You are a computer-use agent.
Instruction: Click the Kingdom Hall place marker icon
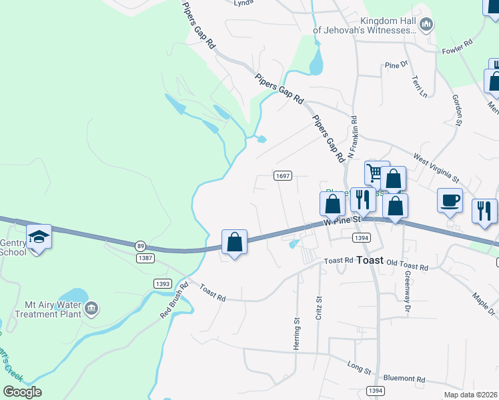click(x=426, y=25)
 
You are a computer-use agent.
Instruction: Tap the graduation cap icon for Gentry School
click(x=38, y=237)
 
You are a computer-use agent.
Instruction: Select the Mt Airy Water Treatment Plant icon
click(x=92, y=309)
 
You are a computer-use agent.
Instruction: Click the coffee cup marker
click(x=449, y=199)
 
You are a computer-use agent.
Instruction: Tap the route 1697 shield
click(x=283, y=175)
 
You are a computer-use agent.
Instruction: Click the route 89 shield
click(x=140, y=245)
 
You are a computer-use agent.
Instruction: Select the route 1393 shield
click(x=162, y=283)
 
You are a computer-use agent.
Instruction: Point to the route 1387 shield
click(x=145, y=257)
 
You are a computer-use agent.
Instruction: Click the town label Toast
click(x=370, y=260)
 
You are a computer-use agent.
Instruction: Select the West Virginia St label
click(x=436, y=168)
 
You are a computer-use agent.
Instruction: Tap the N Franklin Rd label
click(x=354, y=138)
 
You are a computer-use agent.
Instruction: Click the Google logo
click(x=22, y=391)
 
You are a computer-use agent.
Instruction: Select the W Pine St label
click(x=342, y=219)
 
